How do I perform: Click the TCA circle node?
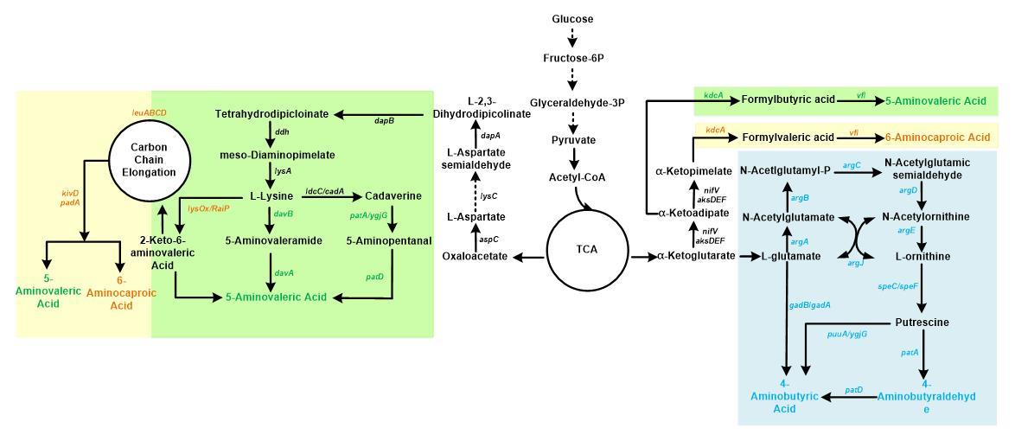(x=587, y=250)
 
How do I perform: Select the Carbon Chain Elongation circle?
(x=149, y=159)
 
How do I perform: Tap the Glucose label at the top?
(x=572, y=19)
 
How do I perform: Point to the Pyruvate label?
(x=573, y=140)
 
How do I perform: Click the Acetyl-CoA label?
(x=577, y=177)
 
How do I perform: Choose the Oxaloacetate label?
(x=475, y=256)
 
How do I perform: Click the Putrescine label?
(x=922, y=323)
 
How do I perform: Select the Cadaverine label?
(x=393, y=196)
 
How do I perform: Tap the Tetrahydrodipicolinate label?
(x=271, y=114)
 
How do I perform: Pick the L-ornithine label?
(x=922, y=257)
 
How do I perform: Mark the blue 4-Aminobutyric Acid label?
(x=784, y=396)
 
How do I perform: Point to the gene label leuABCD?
(x=149, y=112)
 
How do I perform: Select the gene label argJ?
(x=854, y=263)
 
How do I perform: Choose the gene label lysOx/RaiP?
(x=208, y=208)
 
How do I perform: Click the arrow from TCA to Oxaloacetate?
(x=530, y=256)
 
